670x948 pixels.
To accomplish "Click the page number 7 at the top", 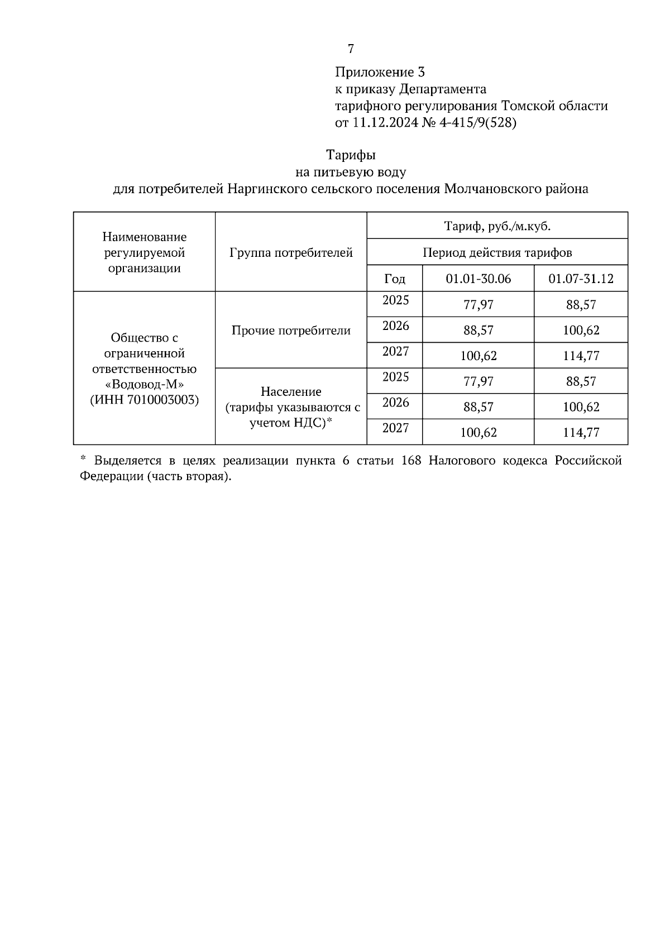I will (351, 49).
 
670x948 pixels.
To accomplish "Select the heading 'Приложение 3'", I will (380, 72).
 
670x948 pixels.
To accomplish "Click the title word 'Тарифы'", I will (351, 155).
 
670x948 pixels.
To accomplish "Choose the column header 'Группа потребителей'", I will (291, 253).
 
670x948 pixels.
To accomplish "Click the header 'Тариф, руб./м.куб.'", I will (497, 226).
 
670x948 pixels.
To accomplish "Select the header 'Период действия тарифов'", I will (497, 252).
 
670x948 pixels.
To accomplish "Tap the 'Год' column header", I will (395, 279).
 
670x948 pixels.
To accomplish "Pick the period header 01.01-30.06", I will (478, 279).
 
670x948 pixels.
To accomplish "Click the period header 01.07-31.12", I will (581, 279).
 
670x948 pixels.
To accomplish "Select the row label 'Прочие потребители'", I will (291, 331).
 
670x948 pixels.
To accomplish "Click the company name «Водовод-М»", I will (145, 385).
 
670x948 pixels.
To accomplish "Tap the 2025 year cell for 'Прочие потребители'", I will (395, 300).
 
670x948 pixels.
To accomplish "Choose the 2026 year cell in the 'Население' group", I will (395, 403).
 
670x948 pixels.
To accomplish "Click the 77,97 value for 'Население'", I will (478, 381).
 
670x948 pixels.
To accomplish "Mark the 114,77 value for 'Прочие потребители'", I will (581, 356).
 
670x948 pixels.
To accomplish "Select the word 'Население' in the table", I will (291, 392).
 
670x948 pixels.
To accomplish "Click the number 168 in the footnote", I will (411, 461).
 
